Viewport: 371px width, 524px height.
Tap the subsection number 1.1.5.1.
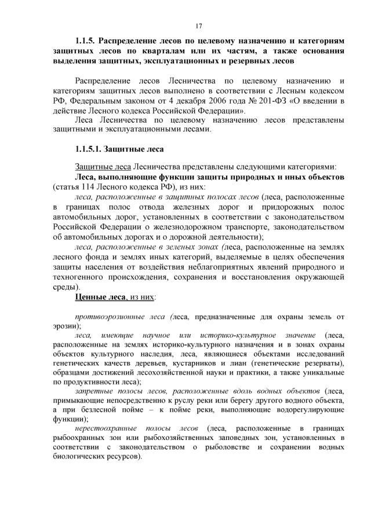coord(89,150)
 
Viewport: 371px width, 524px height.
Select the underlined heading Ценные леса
coord(103,297)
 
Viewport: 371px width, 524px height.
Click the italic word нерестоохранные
coord(109,428)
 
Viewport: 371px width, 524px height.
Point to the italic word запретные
coord(95,391)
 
